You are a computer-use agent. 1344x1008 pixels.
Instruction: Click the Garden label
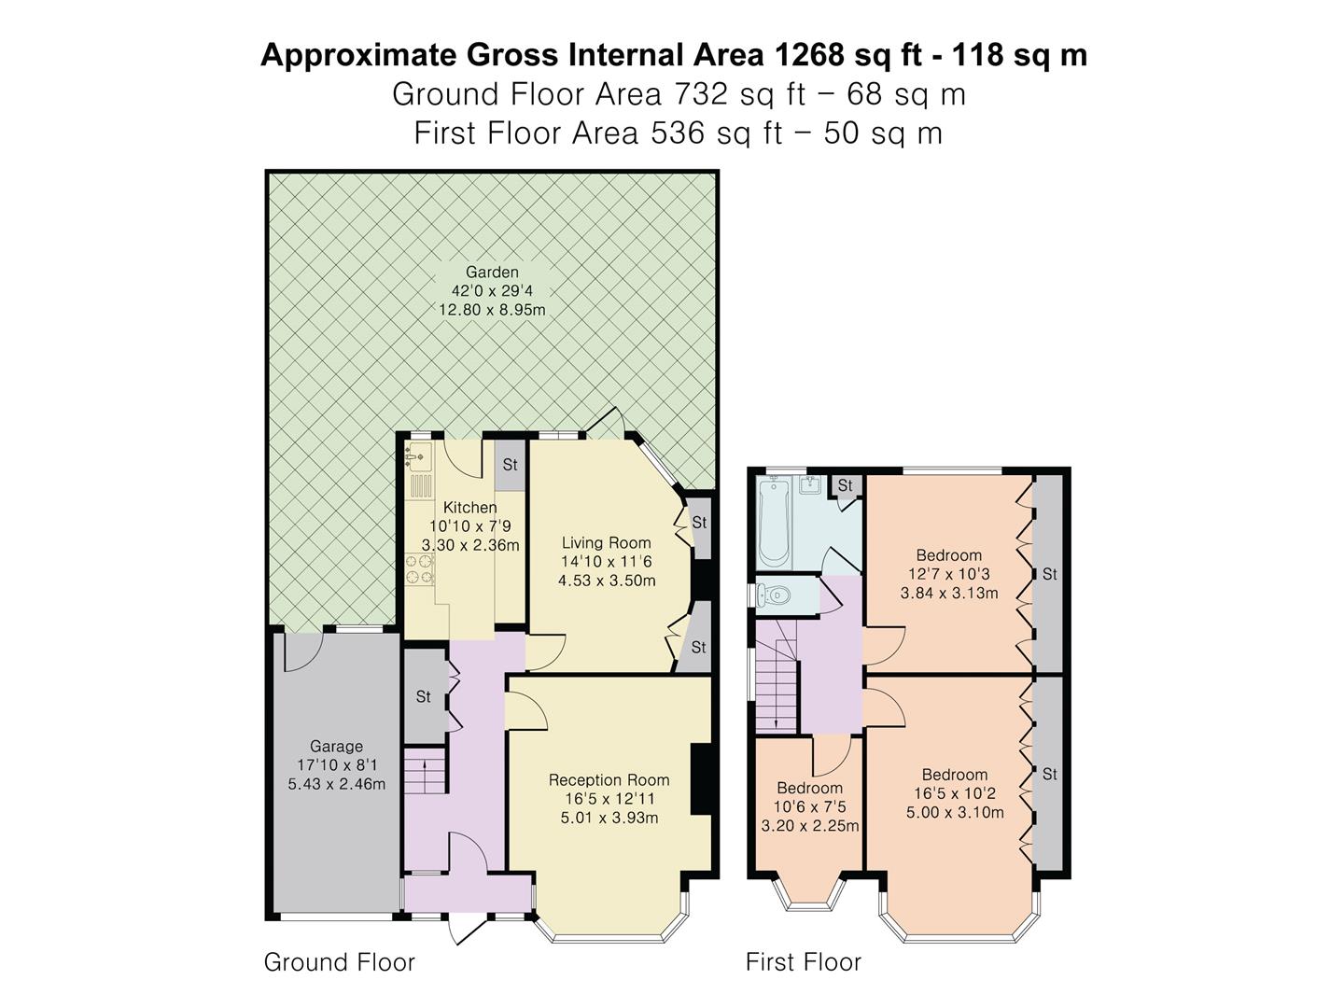[492, 273]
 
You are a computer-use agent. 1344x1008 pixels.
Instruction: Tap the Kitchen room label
[469, 508]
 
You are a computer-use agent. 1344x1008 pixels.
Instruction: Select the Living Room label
[606, 543]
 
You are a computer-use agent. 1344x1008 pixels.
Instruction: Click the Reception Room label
[609, 780]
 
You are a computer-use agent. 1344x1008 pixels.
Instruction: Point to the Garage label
[336, 747]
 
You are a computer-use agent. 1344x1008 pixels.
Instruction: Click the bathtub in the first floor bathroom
[774, 523]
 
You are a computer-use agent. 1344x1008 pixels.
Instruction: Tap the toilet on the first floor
[775, 595]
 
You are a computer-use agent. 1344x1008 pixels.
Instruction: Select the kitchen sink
[417, 455]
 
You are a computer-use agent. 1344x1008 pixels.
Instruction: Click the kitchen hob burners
[420, 569]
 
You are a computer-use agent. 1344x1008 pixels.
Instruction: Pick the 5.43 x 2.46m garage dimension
[336, 784]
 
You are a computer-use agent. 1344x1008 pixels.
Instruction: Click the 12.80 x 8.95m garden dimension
[492, 309]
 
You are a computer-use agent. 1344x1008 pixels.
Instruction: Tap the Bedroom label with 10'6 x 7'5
[809, 789]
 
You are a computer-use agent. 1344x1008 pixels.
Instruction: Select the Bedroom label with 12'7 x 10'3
[948, 555]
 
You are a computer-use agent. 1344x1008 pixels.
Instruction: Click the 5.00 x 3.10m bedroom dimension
[955, 812]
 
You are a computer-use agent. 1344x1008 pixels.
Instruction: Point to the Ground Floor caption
[339, 962]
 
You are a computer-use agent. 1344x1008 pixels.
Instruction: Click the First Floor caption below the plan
[803, 962]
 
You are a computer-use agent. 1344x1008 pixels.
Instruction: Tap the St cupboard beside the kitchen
[510, 465]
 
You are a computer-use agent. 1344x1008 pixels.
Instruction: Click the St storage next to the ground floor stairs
[423, 696]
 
